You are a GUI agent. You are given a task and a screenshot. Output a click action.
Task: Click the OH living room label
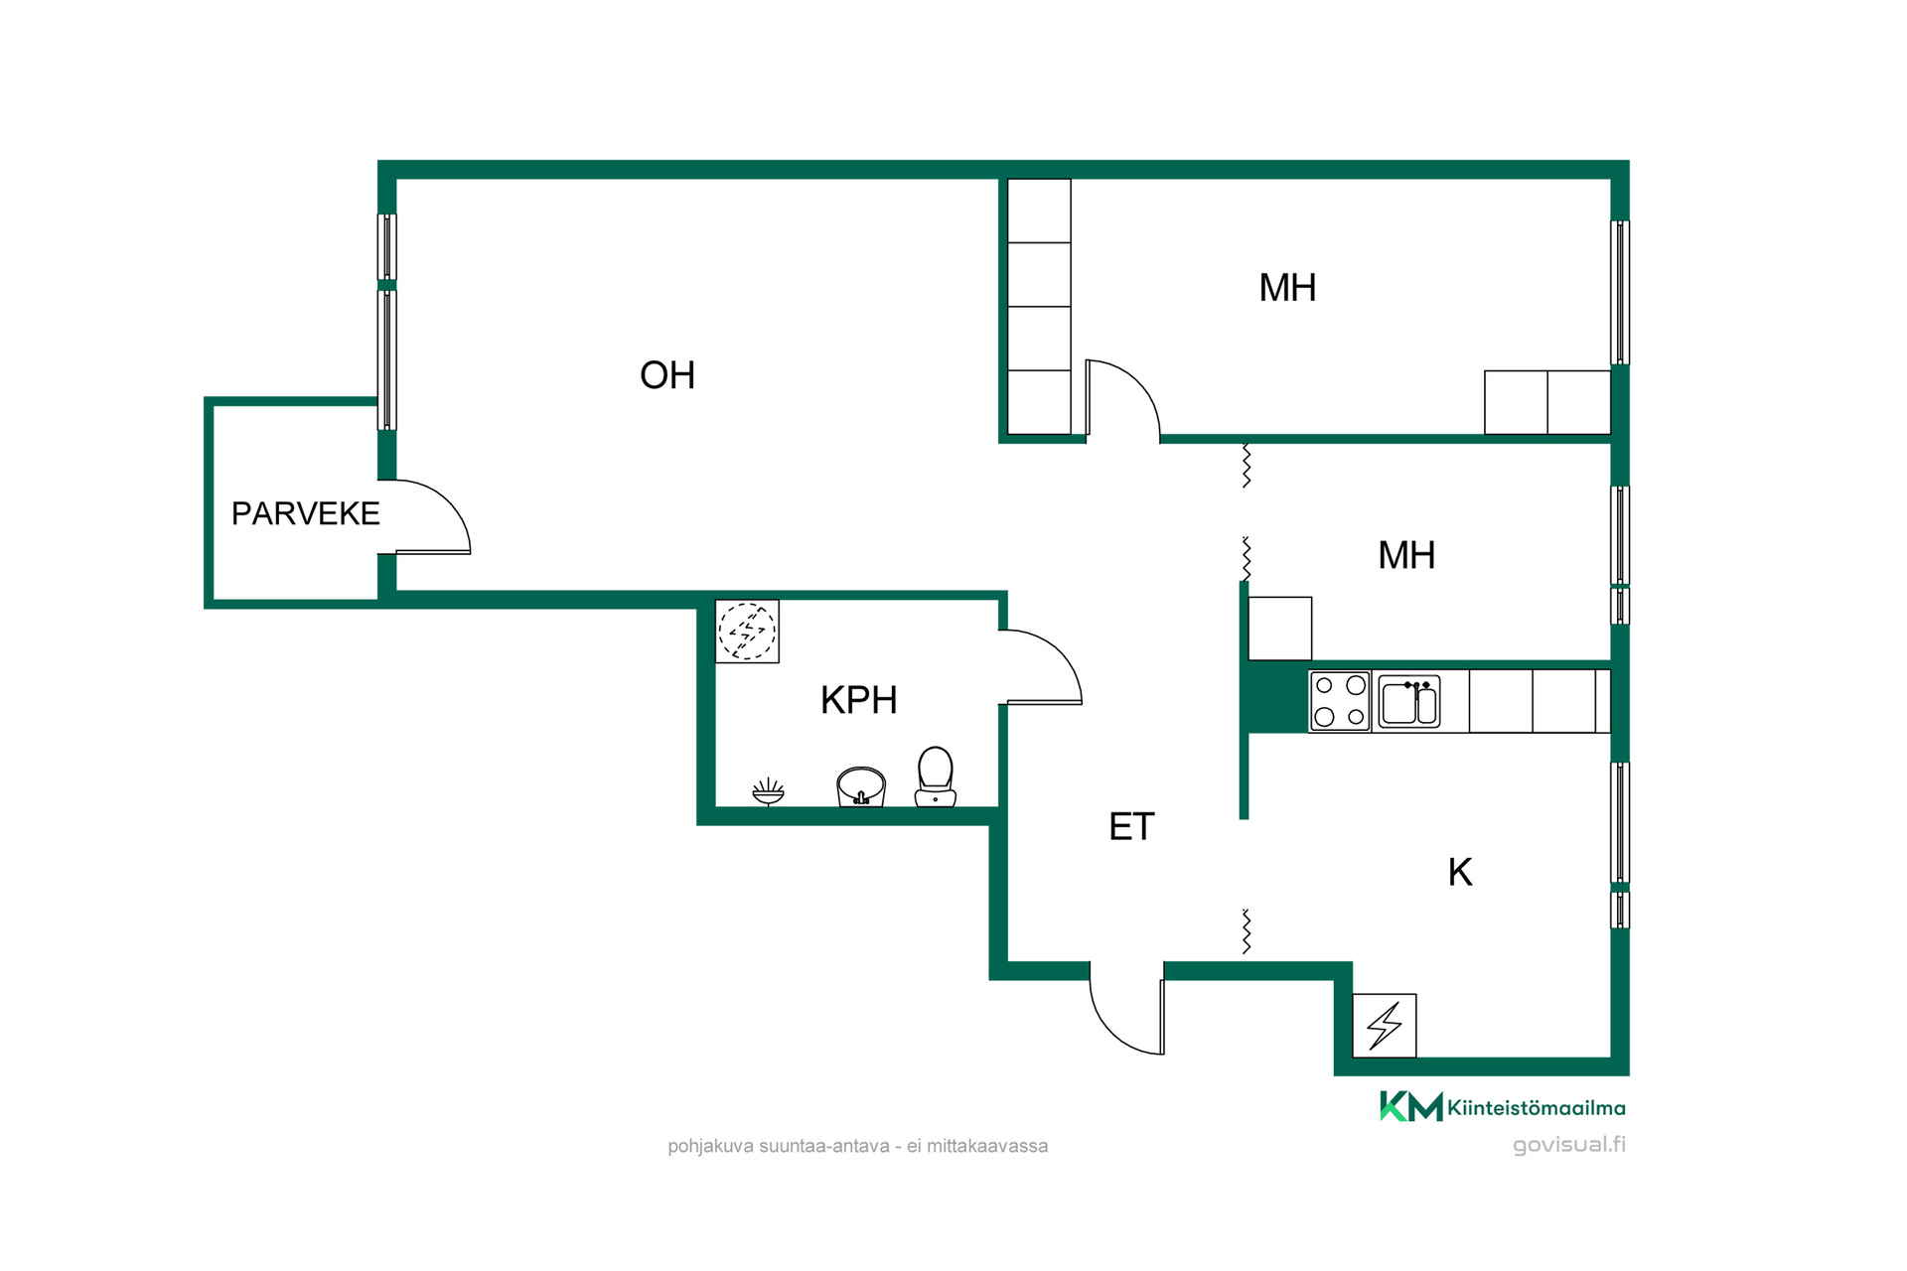[x=667, y=375]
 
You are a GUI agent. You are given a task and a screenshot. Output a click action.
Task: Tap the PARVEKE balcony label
[x=306, y=513]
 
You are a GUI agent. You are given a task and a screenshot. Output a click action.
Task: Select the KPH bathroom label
[x=859, y=701]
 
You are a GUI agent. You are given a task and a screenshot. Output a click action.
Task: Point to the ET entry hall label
[x=1131, y=827]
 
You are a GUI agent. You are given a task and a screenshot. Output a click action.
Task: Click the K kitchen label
[x=1460, y=873]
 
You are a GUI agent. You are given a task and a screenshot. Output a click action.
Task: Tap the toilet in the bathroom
[x=936, y=777]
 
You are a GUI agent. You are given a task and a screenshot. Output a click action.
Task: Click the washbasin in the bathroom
[x=861, y=786]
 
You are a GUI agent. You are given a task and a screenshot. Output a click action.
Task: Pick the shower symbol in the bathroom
[x=768, y=792]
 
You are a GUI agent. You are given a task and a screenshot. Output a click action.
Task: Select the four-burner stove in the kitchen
[x=1340, y=701]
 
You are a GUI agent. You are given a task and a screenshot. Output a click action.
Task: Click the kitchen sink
[x=1409, y=702]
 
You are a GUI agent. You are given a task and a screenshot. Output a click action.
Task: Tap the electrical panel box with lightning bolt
[x=1385, y=1026]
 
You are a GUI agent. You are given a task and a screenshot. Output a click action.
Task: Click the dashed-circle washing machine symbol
[x=747, y=632]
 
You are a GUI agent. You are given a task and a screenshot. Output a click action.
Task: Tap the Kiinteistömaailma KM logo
[x=1502, y=1107]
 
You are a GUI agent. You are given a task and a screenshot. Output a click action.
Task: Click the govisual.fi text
[x=1569, y=1145]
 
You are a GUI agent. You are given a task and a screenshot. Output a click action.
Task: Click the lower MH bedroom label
[x=1406, y=555]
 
